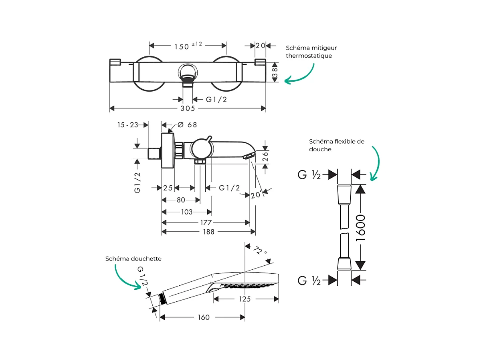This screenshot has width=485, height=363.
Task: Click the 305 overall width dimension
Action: pyautogui.click(x=187, y=108)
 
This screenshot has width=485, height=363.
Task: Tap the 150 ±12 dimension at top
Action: pyautogui.click(x=188, y=46)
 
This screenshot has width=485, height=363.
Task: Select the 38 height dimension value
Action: pyautogui.click(x=275, y=72)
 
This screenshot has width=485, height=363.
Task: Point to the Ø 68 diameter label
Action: pyautogui.click(x=187, y=125)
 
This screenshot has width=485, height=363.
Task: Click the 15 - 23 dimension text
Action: pyautogui.click(x=127, y=125)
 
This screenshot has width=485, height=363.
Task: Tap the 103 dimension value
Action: pyautogui.click(x=187, y=212)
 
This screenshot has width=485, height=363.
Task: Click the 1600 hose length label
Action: pyautogui.click(x=361, y=228)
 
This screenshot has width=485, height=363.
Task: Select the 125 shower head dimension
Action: pyautogui.click(x=245, y=299)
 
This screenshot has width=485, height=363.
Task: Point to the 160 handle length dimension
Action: pyautogui.click(x=204, y=317)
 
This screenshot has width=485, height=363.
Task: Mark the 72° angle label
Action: pyautogui.click(x=260, y=251)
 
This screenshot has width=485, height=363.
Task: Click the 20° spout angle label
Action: pyautogui.click(x=256, y=195)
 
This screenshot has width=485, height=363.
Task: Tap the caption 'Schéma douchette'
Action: pyautogui.click(x=133, y=259)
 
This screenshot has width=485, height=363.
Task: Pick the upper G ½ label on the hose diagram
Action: pyautogui.click(x=309, y=174)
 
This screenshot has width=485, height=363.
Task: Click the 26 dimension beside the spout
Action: pyautogui.click(x=265, y=157)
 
